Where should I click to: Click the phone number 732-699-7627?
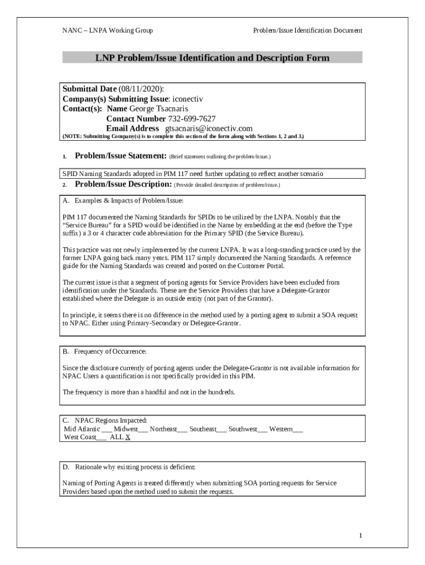pyautogui.click(x=192, y=119)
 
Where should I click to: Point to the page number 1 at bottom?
pyautogui.click(x=360, y=536)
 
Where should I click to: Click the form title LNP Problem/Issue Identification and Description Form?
pyautogui.click(x=212, y=58)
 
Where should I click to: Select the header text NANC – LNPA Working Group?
pyautogui.click(x=108, y=31)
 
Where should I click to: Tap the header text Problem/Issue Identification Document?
pyautogui.click(x=307, y=31)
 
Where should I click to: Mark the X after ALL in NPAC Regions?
pyautogui.click(x=127, y=437)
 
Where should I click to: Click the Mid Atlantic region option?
pyautogui.click(x=83, y=429)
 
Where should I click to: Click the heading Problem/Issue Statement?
pyautogui.click(x=121, y=156)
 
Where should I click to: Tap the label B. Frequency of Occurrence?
pyautogui.click(x=104, y=351)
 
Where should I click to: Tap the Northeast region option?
pyautogui.click(x=164, y=429)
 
